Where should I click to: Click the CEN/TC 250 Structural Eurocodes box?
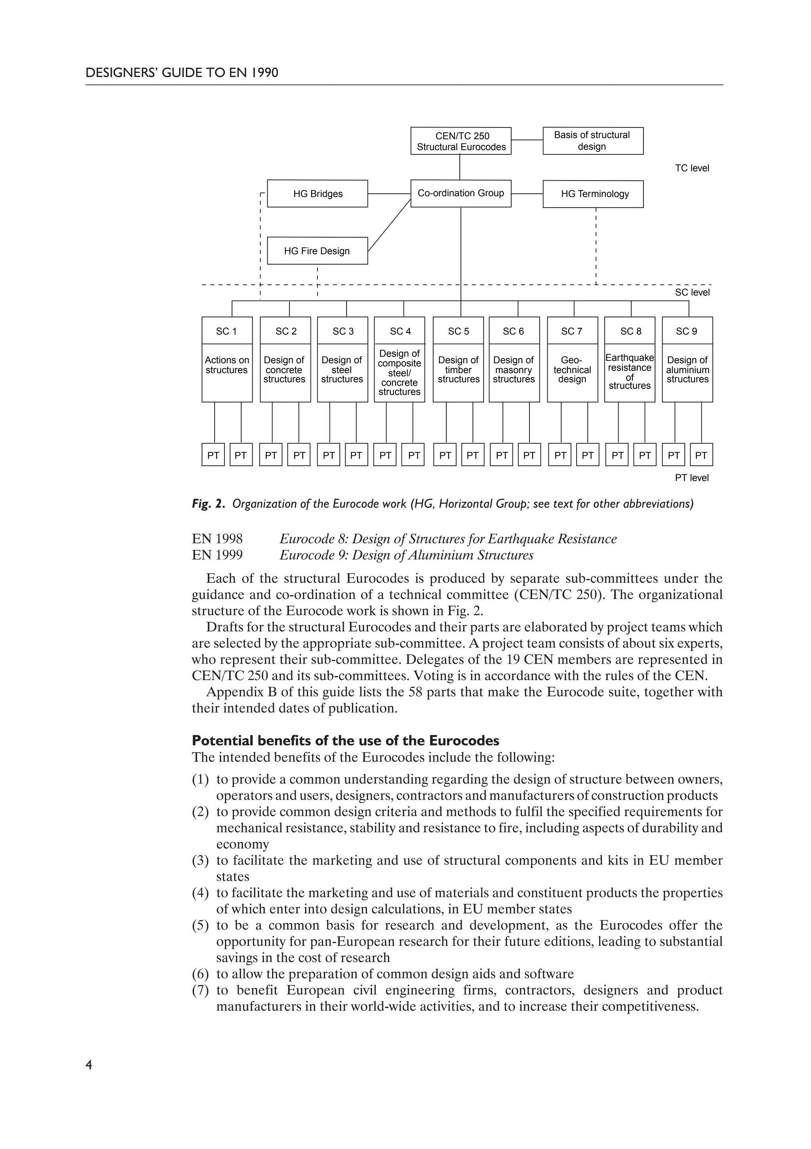coord(461,141)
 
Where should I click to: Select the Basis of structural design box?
coord(593,141)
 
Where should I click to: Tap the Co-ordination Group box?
coord(461,193)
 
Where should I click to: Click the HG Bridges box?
coord(317,194)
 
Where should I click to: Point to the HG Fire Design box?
coord(317,251)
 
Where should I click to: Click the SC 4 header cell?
coord(400,331)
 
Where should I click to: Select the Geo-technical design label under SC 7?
coord(572,370)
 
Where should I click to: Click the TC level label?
coord(691,168)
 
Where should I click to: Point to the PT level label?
coord(691,478)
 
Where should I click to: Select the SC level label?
coord(691,292)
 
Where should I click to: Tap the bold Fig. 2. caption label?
coord(209,504)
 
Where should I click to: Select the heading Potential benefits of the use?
coord(345,741)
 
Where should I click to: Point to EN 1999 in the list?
coord(217,555)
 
